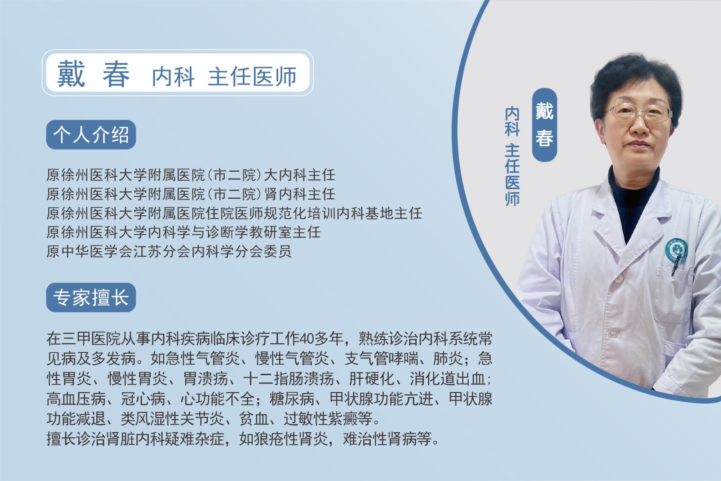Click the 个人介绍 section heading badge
click(91, 135)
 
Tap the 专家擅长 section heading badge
click(91, 297)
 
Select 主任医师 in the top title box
click(252, 76)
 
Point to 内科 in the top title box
click(173, 76)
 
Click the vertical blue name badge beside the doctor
click(545, 125)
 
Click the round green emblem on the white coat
click(673, 248)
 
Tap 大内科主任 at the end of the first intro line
click(300, 176)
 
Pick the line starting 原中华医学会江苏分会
click(169, 251)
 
